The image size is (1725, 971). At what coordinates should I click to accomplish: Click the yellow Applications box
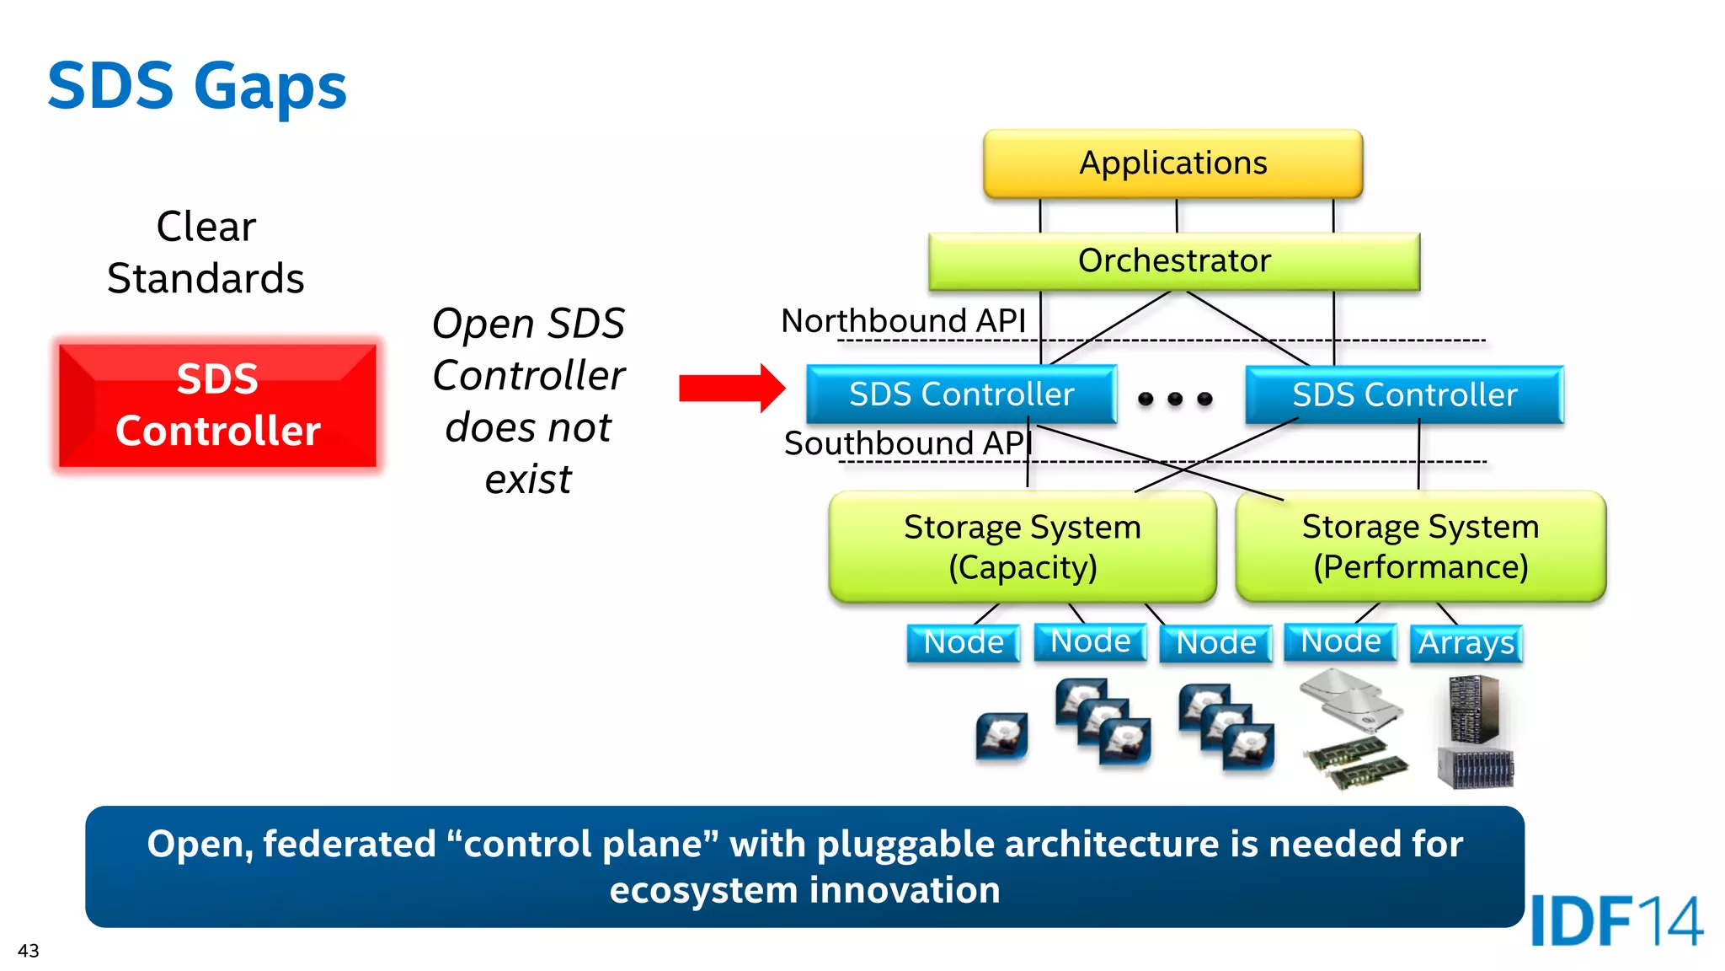[x=1172, y=164]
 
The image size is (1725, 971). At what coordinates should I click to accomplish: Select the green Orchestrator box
[x=1173, y=261]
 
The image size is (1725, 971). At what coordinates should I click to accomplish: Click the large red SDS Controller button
[x=217, y=405]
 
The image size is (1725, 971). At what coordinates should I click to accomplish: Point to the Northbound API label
[x=903, y=321]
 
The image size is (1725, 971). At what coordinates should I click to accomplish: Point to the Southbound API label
[x=907, y=443]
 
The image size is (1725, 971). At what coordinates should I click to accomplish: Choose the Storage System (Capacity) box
[x=1022, y=547]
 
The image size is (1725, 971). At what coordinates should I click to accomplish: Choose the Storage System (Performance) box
[x=1420, y=546]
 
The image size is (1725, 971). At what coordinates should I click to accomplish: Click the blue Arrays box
[x=1466, y=643]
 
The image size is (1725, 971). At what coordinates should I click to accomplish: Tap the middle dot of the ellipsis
[x=1175, y=399]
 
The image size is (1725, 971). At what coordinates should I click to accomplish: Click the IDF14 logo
[x=1616, y=921]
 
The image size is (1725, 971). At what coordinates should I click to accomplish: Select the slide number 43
[x=28, y=951]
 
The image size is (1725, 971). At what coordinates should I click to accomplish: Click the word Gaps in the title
[x=270, y=87]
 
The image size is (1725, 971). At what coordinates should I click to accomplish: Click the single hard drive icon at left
[x=1001, y=736]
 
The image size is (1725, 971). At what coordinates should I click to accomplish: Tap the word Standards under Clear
[x=206, y=279]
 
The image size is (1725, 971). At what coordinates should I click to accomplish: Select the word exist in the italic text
[x=528, y=480]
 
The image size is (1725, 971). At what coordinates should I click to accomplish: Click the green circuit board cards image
[x=1354, y=762]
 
